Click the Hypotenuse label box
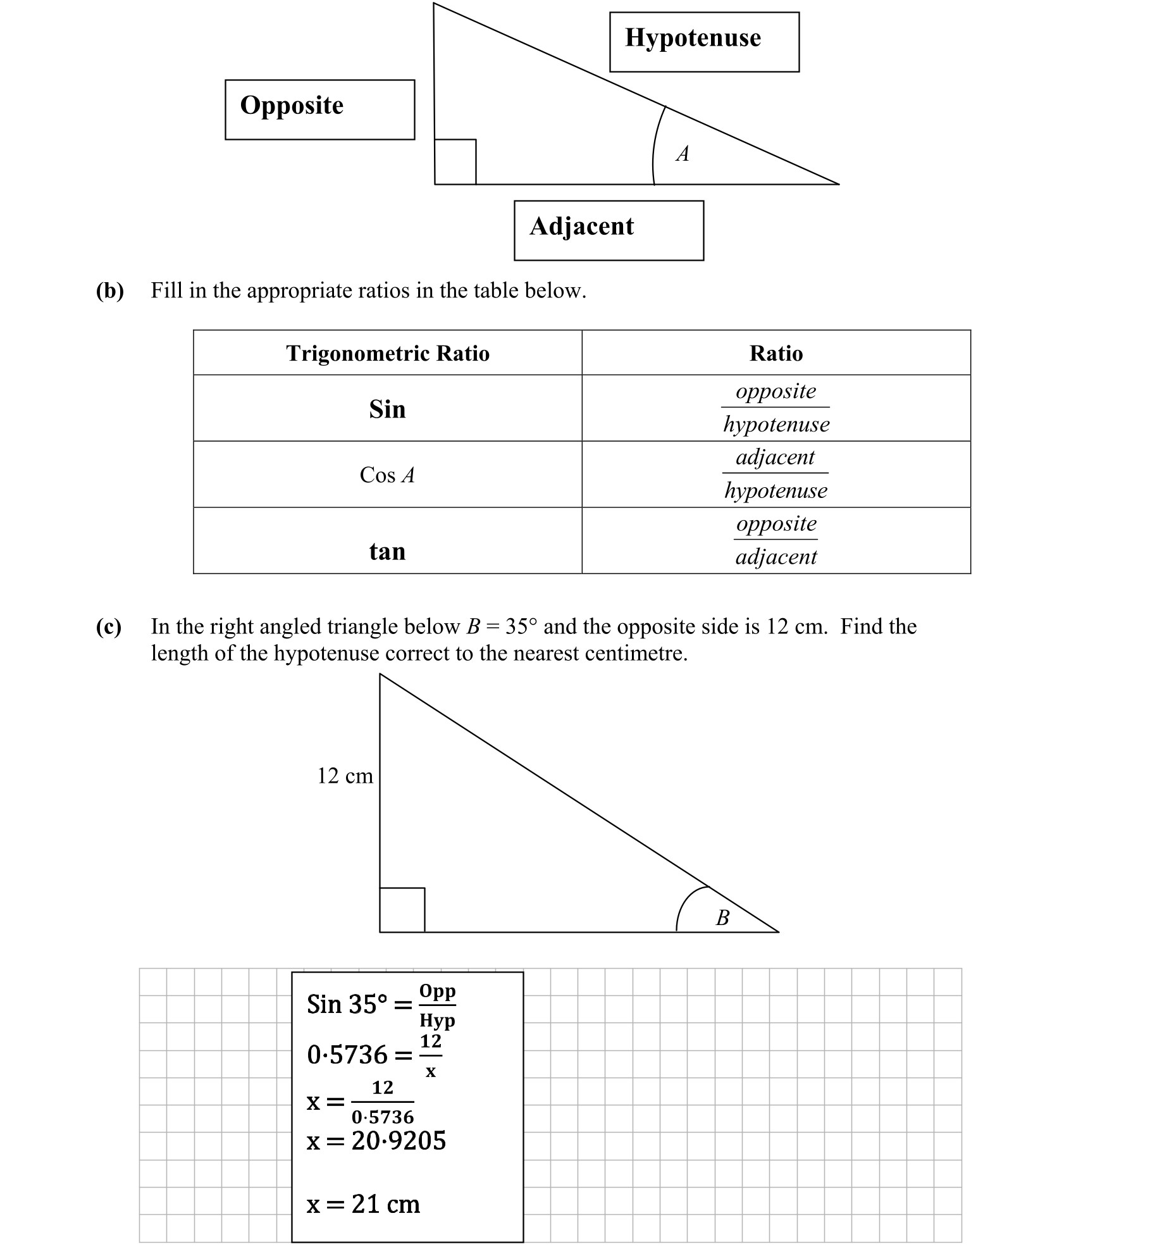click(703, 42)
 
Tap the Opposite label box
click(319, 109)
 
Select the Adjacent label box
click(608, 230)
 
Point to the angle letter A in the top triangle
click(682, 154)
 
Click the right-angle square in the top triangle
click(455, 162)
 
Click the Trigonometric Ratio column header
click(387, 353)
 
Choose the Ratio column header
click(776, 353)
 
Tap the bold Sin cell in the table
click(387, 409)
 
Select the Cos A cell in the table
click(387, 475)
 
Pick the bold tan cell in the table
click(387, 551)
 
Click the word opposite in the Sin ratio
click(776, 391)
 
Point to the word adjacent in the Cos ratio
click(775, 457)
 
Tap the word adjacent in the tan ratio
click(776, 557)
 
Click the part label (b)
click(109, 290)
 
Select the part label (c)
click(108, 626)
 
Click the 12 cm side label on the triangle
click(345, 776)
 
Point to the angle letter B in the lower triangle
click(722, 917)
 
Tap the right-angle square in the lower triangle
click(402, 910)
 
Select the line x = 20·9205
click(376, 1141)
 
